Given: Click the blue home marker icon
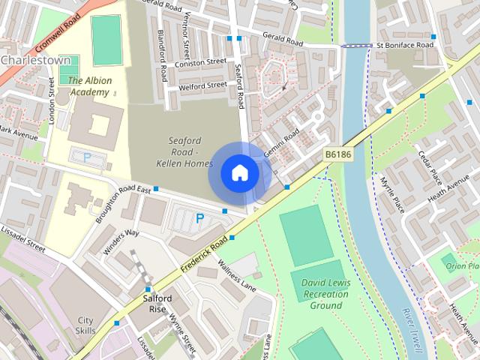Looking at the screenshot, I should click(240, 173).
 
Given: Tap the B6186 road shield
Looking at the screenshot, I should click(338, 154).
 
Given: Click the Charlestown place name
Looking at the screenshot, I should click(36, 59).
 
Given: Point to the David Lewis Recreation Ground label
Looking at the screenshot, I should click(326, 294).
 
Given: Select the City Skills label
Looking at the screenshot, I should click(85, 325).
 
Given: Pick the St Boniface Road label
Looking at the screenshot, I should click(406, 46).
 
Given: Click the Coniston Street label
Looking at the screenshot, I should click(199, 63).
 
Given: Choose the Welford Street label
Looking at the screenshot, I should click(202, 85).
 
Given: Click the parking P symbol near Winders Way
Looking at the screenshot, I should click(199, 218).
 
